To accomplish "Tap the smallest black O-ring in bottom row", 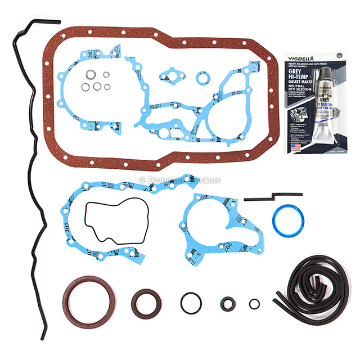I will pos(254,304).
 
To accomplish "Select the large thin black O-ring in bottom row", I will pos(191,303).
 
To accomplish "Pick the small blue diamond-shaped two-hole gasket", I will pos(168,75).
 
